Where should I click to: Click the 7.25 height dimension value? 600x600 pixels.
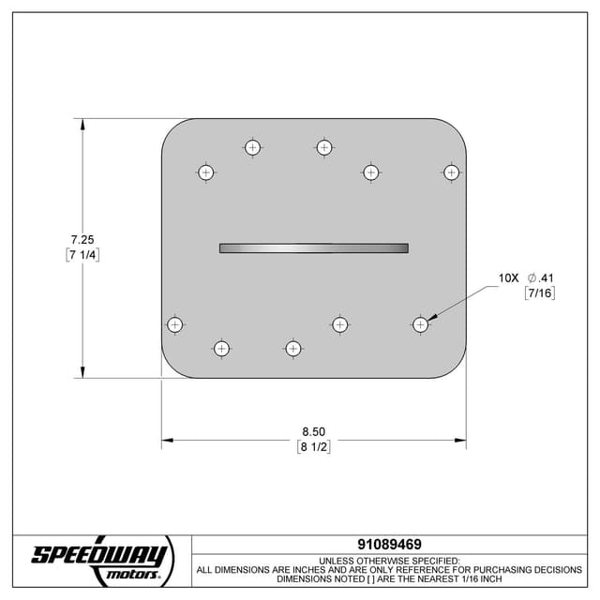(82, 239)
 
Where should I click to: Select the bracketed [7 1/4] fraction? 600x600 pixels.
(82, 255)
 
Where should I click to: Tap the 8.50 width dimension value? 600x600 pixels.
(313, 431)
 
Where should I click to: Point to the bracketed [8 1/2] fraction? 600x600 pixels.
(313, 447)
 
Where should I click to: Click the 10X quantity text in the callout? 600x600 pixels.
(508, 278)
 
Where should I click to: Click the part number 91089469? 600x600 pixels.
(389, 544)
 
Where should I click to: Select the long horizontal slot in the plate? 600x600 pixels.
(313, 248)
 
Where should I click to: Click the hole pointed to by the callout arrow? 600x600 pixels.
(420, 324)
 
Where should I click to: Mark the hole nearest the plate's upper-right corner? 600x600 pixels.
(451, 172)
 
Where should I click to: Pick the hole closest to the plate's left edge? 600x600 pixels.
(174, 324)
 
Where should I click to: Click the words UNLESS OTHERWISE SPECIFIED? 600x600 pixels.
(389, 560)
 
